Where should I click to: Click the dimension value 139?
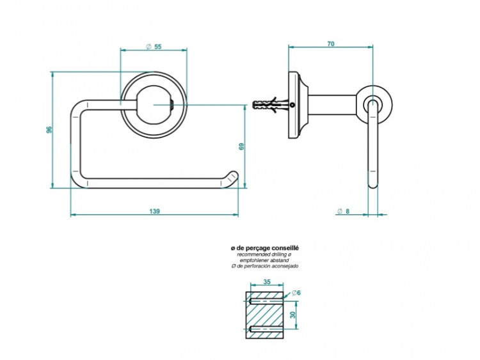(x=154, y=211)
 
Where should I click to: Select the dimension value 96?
(x=49, y=130)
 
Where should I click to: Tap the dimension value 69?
(x=241, y=146)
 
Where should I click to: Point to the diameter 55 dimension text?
(x=154, y=47)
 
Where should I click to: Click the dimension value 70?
(x=330, y=43)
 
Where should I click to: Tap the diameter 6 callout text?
(x=296, y=292)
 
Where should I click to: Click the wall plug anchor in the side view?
(x=269, y=105)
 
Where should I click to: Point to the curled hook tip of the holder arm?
(x=232, y=178)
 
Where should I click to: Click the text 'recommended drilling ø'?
(x=264, y=254)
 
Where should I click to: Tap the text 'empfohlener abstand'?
(x=264, y=260)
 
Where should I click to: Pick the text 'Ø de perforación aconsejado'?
(x=264, y=266)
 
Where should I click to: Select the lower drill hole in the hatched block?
(x=266, y=329)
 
